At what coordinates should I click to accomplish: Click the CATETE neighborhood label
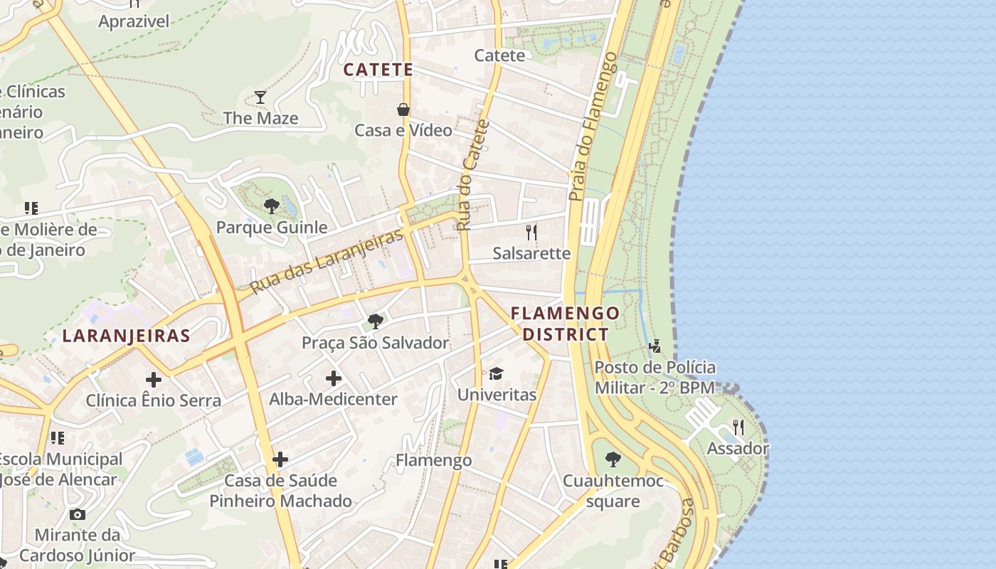click(x=378, y=70)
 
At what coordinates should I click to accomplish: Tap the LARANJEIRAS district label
click(x=126, y=336)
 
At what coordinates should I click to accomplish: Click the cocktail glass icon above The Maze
click(x=260, y=97)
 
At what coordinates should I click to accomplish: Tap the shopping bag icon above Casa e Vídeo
click(x=403, y=110)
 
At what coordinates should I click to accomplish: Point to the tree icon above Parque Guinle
click(x=271, y=206)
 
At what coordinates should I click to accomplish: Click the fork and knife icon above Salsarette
click(x=531, y=232)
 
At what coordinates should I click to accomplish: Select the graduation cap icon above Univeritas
click(x=496, y=373)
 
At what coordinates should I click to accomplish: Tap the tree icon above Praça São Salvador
click(x=375, y=321)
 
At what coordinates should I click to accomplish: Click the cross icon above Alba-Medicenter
click(x=333, y=378)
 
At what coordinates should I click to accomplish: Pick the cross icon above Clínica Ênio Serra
click(x=153, y=380)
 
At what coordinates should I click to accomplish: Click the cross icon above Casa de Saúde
click(x=280, y=459)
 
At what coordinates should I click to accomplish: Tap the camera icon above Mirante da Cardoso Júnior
click(x=77, y=514)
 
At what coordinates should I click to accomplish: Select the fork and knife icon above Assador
click(x=738, y=427)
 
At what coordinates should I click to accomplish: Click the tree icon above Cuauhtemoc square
click(x=613, y=459)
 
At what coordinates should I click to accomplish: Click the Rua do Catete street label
click(x=473, y=176)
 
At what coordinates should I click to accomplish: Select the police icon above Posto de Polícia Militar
click(x=655, y=346)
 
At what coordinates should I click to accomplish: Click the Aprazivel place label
click(x=134, y=21)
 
